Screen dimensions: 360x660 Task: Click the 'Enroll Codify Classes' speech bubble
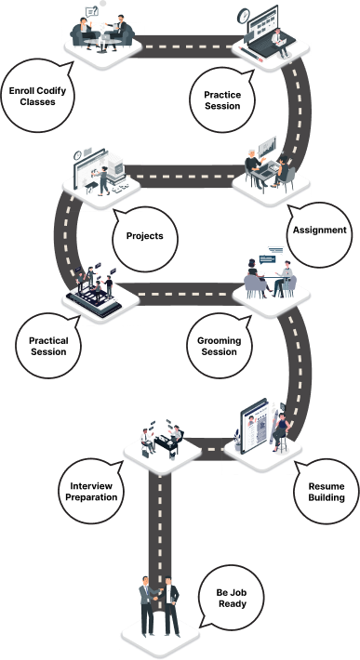38,96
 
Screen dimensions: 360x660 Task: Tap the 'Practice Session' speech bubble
222,100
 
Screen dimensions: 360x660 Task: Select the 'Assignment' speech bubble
319,231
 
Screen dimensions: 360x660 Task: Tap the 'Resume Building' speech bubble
327,492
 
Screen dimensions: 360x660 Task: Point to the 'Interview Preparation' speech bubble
91,492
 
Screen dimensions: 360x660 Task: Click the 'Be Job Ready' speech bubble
231,598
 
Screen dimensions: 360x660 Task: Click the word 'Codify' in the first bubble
51,91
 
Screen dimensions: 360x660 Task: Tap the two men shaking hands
159,606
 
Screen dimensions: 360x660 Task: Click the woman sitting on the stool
280,432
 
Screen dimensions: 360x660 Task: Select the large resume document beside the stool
254,426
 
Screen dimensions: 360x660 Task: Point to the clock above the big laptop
244,16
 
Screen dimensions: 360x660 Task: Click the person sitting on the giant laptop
280,42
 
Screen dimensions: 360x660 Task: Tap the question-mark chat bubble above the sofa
91,12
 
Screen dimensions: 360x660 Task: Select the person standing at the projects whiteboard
102,180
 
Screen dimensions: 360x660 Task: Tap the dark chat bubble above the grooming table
267,259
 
